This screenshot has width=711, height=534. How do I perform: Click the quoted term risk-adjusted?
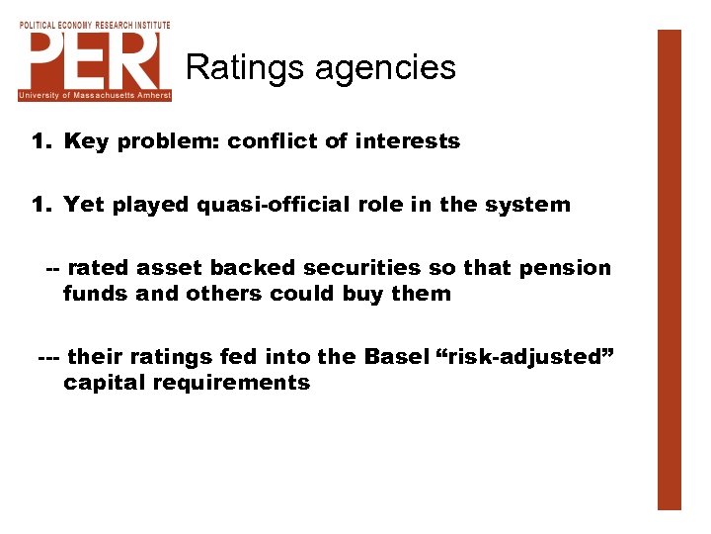click(x=525, y=357)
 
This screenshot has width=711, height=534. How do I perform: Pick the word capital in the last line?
click(x=101, y=383)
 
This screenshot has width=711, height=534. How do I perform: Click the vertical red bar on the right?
click(x=670, y=269)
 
